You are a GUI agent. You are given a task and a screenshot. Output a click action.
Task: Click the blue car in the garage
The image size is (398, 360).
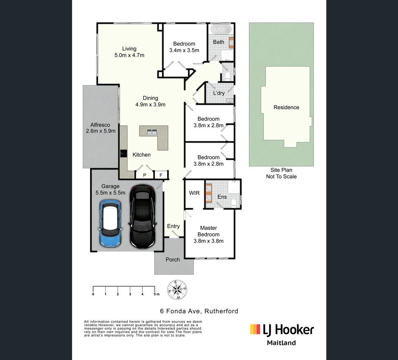point(110,223)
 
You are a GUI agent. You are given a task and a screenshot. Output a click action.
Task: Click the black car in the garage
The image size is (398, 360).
point(142,216)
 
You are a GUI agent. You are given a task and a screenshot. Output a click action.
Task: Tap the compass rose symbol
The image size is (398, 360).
point(177,290)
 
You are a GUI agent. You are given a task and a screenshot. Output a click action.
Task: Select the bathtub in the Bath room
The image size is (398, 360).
point(221,29)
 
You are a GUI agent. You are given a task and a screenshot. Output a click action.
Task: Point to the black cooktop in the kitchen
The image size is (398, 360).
point(124,154)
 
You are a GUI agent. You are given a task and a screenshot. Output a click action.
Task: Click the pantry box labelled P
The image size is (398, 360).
point(144,175)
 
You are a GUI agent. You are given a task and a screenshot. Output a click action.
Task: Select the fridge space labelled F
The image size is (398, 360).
point(161,175)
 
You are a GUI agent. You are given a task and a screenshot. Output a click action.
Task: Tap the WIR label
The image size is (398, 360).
point(195,193)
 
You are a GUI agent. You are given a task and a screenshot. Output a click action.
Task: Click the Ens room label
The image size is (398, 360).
point(222,197)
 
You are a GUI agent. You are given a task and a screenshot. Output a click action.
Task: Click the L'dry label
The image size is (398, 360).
point(219,93)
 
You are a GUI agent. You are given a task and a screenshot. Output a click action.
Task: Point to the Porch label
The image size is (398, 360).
point(173,259)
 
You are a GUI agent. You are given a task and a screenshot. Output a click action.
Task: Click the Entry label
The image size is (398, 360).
point(173,226)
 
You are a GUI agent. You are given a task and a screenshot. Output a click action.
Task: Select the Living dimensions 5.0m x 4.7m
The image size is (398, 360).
point(129,55)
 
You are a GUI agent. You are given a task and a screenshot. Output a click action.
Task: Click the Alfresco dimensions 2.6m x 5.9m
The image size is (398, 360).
point(101,131)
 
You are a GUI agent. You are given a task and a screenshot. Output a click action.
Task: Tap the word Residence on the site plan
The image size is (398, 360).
point(286,107)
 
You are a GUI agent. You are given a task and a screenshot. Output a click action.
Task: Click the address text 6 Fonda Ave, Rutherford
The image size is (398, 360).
point(199,311)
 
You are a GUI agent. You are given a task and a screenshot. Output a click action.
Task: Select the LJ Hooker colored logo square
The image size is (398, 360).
point(255,329)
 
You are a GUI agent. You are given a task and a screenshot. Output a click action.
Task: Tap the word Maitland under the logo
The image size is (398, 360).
point(281,343)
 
